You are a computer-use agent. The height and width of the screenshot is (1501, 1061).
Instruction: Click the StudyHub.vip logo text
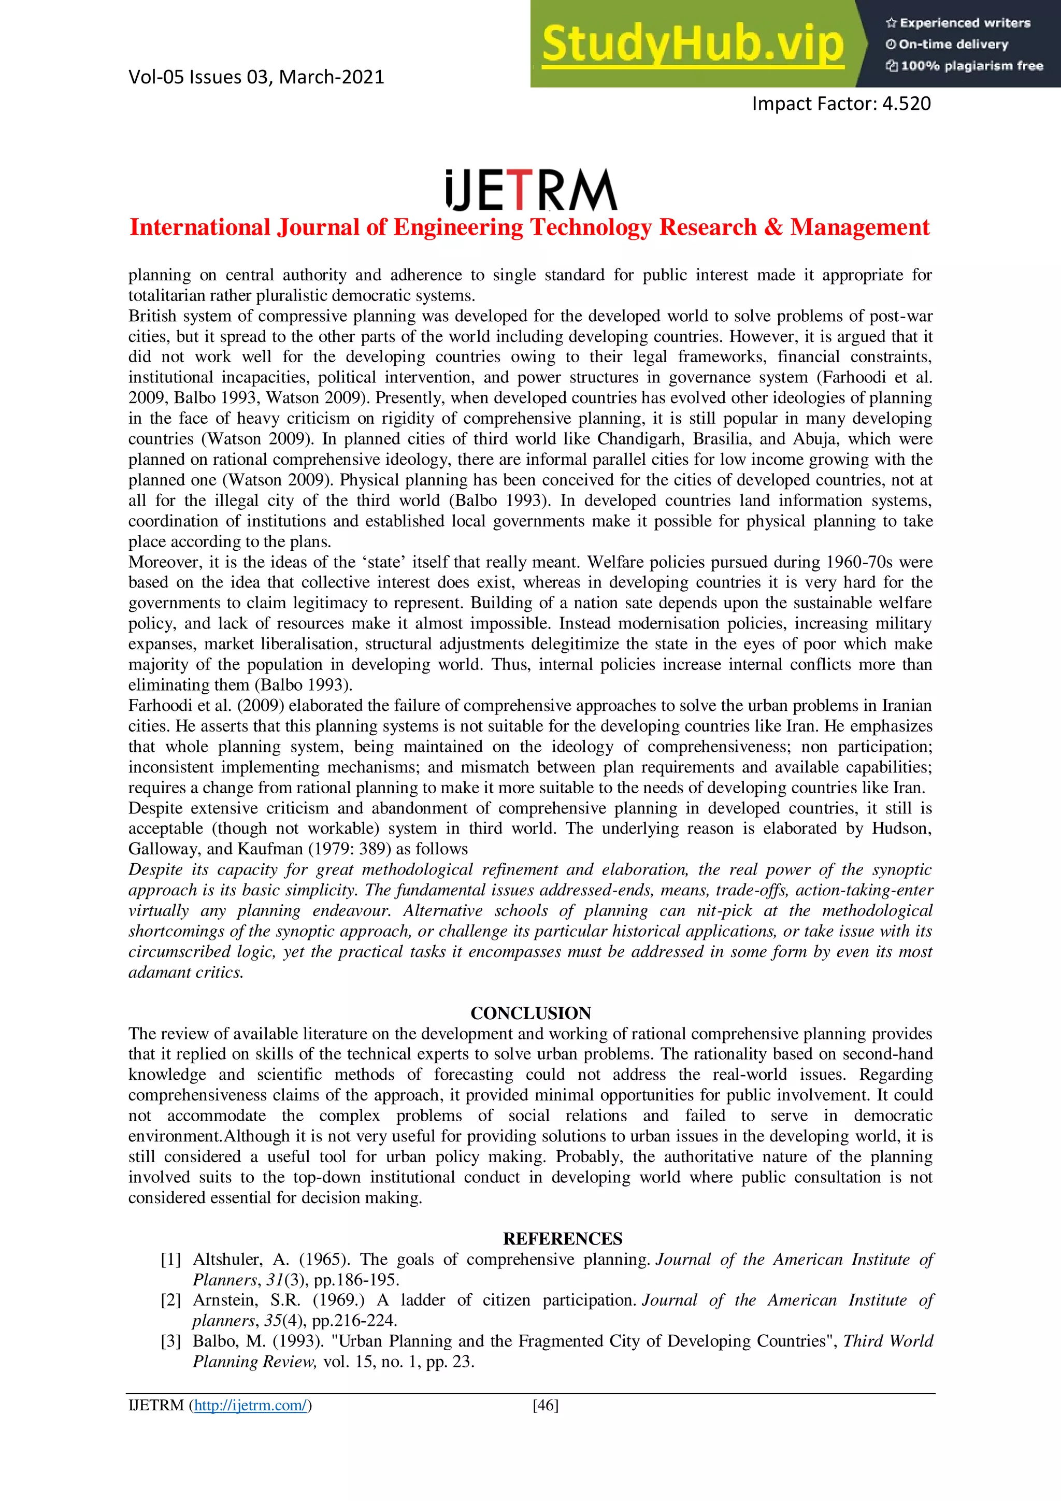click(x=693, y=45)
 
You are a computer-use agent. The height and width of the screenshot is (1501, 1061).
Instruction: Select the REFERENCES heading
click(x=562, y=1238)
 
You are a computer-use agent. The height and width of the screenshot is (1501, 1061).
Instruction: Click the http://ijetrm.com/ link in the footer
click(x=250, y=1405)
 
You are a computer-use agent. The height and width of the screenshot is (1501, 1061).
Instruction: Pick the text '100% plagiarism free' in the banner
click(x=971, y=66)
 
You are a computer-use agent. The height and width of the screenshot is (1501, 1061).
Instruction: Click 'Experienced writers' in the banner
click(x=965, y=23)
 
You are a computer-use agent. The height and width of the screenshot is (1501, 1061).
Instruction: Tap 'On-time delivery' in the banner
click(x=953, y=45)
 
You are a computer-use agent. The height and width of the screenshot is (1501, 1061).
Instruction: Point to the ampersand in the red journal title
click(x=773, y=227)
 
